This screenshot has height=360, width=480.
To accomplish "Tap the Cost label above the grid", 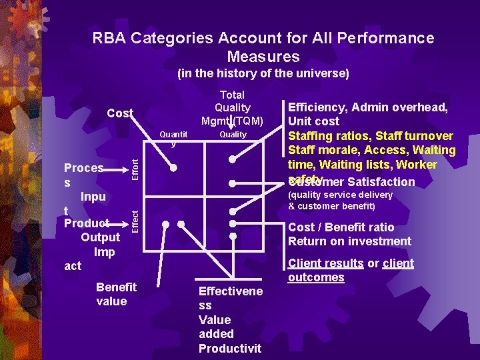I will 121,113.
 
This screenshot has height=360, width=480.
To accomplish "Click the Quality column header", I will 233,135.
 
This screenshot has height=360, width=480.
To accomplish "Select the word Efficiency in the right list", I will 319,107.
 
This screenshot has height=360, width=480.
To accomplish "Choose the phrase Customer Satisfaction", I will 352,182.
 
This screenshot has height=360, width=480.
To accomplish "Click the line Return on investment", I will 349,241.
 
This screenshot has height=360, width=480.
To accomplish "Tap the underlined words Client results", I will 325,263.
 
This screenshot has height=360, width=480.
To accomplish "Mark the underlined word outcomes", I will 316,277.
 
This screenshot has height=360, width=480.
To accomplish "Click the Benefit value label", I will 116,294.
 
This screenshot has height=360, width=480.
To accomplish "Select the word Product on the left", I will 87,223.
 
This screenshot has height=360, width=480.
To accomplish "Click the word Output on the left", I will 100,237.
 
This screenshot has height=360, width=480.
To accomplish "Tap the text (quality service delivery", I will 340,195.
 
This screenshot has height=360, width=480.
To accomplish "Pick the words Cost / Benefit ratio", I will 341,227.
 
